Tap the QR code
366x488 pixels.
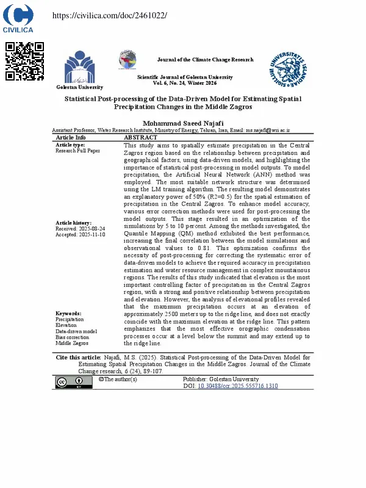coord(24,61)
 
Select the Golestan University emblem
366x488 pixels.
coord(79,68)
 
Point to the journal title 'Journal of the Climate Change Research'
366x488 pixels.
coord(205,60)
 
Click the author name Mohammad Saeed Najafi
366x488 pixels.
coord(183,123)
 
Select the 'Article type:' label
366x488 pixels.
coord(70,145)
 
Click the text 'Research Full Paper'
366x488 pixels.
coord(77,151)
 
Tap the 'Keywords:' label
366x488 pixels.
coord(68,314)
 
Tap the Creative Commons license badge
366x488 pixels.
coord(70,382)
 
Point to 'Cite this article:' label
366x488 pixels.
coord(79,357)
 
